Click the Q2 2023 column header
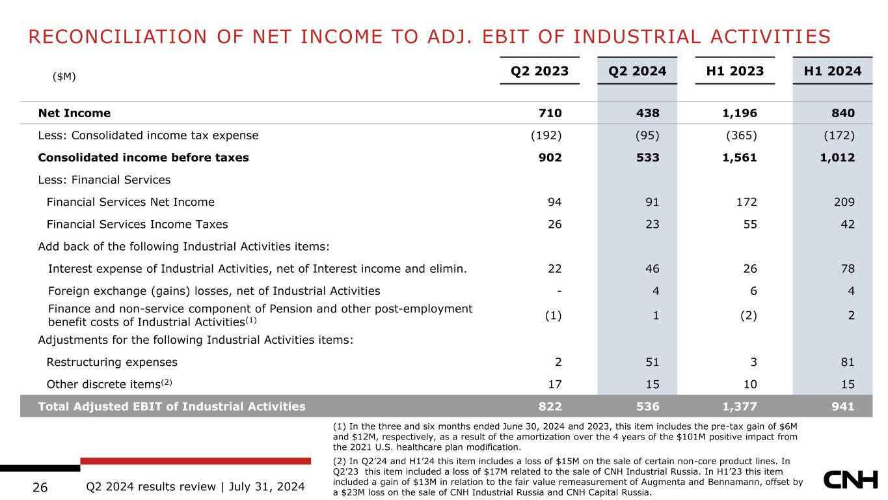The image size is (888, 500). pyautogui.click(x=539, y=71)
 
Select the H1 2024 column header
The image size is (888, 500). pyautogui.click(x=833, y=71)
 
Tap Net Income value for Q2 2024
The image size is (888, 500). pyautogui.click(x=648, y=113)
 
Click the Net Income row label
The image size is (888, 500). pyautogui.click(x=74, y=113)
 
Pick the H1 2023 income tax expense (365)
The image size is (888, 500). pyautogui.click(x=742, y=135)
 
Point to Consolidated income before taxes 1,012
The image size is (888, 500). pyautogui.click(x=837, y=158)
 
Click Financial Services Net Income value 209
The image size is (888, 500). pyautogui.click(x=844, y=202)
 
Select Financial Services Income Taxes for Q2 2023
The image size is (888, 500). pyautogui.click(x=555, y=224)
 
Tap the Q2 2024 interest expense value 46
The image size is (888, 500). pyautogui.click(x=652, y=269)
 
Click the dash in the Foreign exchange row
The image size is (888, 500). pyautogui.click(x=559, y=291)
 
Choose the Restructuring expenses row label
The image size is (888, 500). pyautogui.click(x=112, y=362)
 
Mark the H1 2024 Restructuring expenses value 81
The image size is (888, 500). pyautogui.click(x=848, y=362)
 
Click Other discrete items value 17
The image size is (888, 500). pyautogui.click(x=555, y=384)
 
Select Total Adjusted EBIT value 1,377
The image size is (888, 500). pyautogui.click(x=739, y=406)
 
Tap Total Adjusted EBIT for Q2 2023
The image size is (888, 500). pyautogui.click(x=550, y=406)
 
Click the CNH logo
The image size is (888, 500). pyautogui.click(x=851, y=480)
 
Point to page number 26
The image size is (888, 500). pyautogui.click(x=40, y=487)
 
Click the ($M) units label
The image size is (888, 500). pyautogui.click(x=64, y=76)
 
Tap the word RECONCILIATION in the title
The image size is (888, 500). pyautogui.click(x=118, y=36)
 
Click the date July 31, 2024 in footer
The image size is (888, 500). pyautogui.click(x=267, y=487)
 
